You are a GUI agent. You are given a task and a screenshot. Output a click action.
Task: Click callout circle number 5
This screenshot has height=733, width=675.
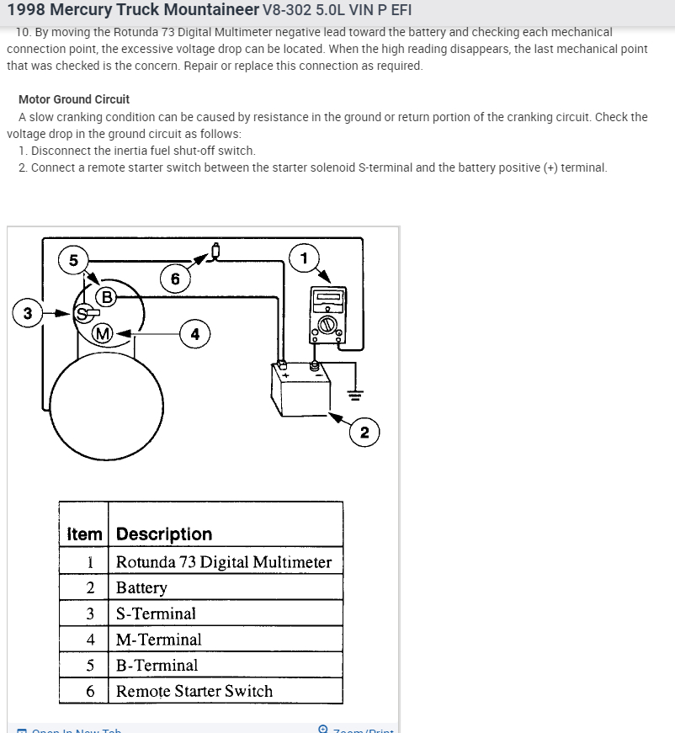(x=73, y=260)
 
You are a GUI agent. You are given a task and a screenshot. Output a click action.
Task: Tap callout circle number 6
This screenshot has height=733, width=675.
(x=174, y=279)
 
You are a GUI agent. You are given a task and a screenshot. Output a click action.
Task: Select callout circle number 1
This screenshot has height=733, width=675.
(x=304, y=258)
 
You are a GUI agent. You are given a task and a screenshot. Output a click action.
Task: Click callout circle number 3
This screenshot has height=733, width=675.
(x=28, y=314)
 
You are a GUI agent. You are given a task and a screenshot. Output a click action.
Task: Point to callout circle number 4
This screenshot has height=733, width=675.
(x=194, y=334)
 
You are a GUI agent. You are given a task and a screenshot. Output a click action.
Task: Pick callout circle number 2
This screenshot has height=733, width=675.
(x=364, y=433)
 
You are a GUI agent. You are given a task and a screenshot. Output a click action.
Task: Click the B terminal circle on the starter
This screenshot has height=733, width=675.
(x=106, y=296)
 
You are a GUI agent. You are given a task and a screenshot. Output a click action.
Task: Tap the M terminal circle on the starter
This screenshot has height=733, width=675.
(x=103, y=333)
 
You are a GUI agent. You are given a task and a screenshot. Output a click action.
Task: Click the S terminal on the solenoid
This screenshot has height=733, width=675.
(x=82, y=314)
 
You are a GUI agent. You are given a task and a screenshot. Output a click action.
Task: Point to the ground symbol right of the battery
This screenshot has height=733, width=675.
(x=356, y=394)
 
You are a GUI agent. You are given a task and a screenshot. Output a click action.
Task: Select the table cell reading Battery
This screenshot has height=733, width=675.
(x=141, y=587)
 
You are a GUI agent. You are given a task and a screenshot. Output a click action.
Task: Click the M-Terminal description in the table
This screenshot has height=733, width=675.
(x=159, y=640)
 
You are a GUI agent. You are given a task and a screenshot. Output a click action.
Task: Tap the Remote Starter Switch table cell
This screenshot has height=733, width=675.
(x=194, y=691)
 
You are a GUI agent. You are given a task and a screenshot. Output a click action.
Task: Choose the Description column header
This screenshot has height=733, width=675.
(x=164, y=534)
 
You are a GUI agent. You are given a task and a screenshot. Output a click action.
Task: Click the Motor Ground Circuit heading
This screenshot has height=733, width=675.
(x=74, y=99)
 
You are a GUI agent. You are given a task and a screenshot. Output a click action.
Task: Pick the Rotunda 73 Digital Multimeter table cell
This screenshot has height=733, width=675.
(x=224, y=562)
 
